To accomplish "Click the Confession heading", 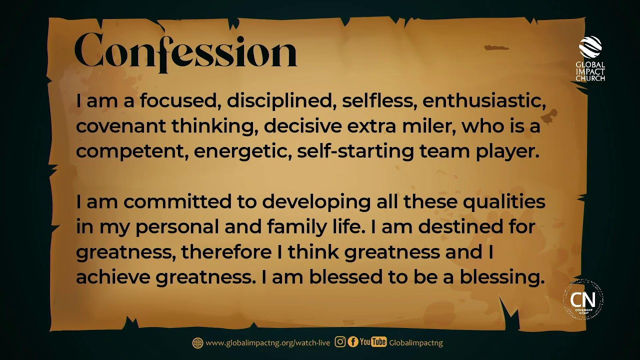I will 185,51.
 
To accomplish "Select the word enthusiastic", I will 483,101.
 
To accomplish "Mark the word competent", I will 131,151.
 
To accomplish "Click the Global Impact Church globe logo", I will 590,47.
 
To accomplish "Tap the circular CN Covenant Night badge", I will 583,300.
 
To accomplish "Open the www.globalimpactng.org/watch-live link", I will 267,343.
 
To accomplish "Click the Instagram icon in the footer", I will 340,342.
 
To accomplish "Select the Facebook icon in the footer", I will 352,342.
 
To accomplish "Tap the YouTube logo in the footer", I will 373,342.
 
